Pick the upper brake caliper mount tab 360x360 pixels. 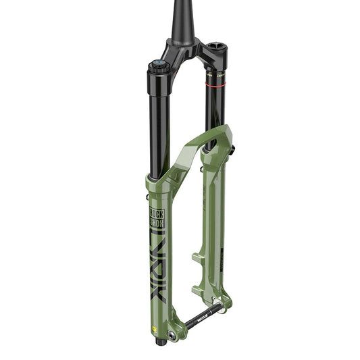[197, 257]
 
